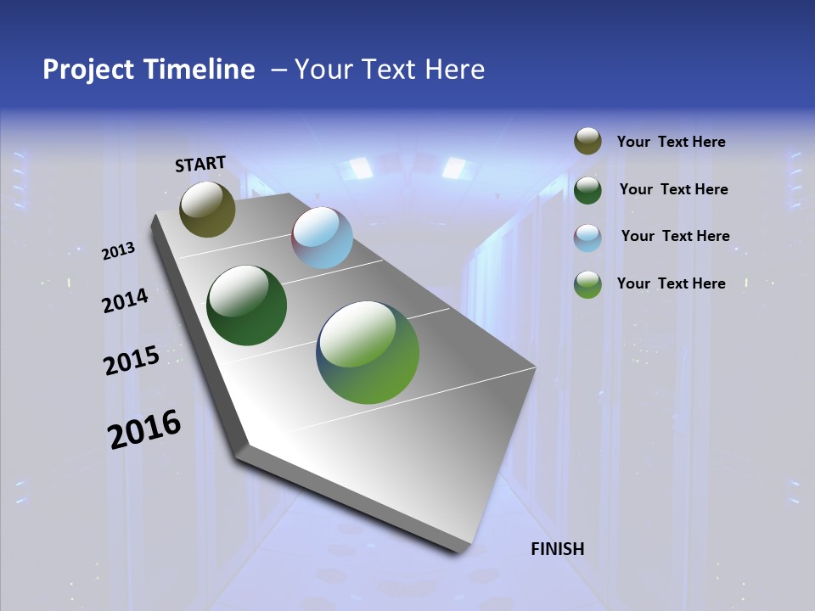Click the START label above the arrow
click(200, 163)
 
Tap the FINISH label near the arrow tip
click(557, 548)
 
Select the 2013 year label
click(118, 251)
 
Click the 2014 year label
click(125, 301)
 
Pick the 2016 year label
click(144, 429)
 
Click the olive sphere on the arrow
click(207, 210)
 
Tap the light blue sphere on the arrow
click(322, 238)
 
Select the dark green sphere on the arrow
click(246, 306)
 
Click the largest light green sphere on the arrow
click(368, 352)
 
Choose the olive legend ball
click(587, 141)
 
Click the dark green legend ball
click(587, 189)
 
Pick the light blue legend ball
click(587, 237)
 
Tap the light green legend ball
click(587, 284)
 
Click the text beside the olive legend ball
click(671, 142)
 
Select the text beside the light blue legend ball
click(675, 236)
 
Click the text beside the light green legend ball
click(671, 283)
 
